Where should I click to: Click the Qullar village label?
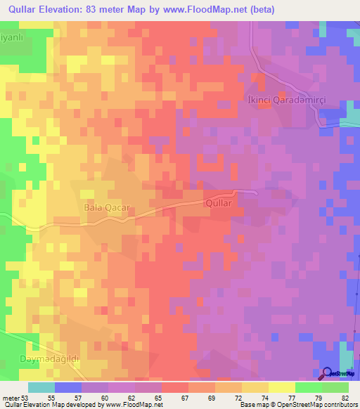pos(218,202)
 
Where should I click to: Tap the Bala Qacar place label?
pos(105,208)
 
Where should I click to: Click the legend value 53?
pos(26,398)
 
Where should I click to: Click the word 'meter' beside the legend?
pos(10,398)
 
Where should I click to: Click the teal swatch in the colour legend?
pos(41,387)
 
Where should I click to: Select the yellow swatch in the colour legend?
pos(281,387)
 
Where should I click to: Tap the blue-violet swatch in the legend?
pos(67,387)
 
